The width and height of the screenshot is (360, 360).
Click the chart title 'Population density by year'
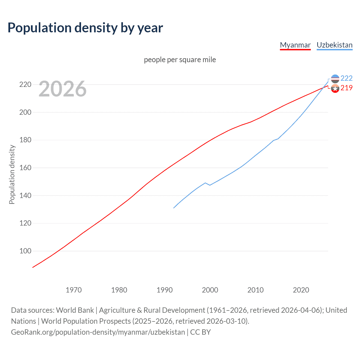[85, 28]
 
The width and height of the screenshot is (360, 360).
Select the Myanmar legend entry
[295, 45]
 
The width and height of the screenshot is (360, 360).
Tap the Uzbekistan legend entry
[334, 45]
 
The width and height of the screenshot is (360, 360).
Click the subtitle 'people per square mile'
[180, 60]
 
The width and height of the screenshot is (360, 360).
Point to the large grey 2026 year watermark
[62, 89]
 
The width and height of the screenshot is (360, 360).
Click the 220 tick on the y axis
[25, 84]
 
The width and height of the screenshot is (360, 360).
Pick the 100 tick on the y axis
[25, 251]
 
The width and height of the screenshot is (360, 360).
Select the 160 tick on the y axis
[25, 168]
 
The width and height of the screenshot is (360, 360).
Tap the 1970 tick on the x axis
[74, 290]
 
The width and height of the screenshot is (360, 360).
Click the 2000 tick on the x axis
[210, 290]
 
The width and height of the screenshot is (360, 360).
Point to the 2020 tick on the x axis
[301, 290]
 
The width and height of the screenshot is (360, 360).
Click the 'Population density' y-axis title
[12, 174]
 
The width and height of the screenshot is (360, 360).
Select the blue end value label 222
[346, 78]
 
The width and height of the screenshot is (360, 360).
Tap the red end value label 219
[346, 88]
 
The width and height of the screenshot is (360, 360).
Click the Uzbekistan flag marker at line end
[335, 79]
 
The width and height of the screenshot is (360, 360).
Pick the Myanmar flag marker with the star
[335, 89]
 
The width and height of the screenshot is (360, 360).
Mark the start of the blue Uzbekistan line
[174, 208]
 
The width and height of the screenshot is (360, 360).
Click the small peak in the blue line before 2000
[205, 183]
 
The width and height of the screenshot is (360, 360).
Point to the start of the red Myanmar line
[33, 267]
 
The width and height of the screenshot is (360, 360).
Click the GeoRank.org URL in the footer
[98, 332]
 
